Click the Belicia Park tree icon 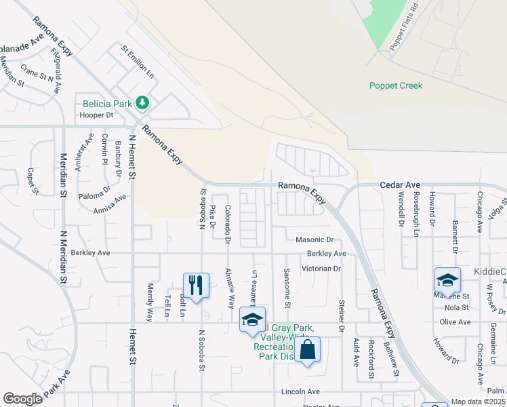[142, 103]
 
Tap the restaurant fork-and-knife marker [195, 284]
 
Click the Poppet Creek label [396, 85]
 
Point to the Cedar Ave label [400, 185]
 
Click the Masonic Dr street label [315, 240]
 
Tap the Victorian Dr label [322, 269]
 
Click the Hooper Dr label [95, 115]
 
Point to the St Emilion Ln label [138, 61]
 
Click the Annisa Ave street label [110, 204]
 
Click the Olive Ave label [455, 322]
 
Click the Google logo [22, 399]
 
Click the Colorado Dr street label [228, 225]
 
